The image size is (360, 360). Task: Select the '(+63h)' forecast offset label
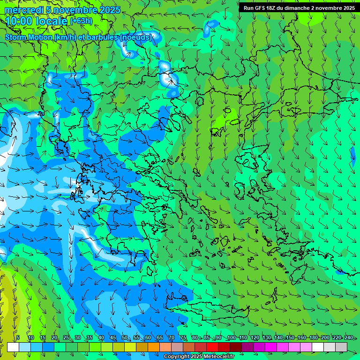(81, 21)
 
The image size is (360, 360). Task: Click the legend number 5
(18, 338)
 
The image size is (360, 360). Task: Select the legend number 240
(348, 338)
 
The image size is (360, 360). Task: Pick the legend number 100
(231, 338)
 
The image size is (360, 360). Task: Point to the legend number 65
(160, 338)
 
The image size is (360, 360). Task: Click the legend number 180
(313, 338)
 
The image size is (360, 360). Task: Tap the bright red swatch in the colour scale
(212, 347)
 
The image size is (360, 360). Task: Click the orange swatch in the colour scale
(154, 347)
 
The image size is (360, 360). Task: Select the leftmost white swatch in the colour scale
(13, 347)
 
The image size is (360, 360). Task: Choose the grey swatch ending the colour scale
(341, 347)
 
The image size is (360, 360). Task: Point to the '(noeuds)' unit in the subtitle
(135, 37)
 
